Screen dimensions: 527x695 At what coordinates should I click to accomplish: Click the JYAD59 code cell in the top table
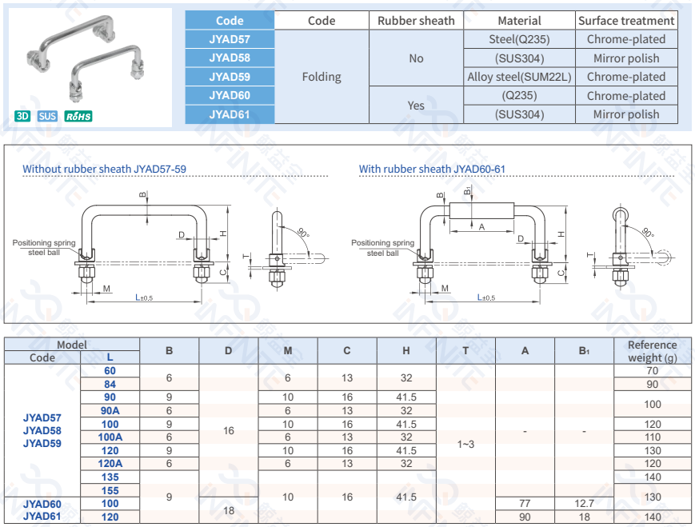click(230, 77)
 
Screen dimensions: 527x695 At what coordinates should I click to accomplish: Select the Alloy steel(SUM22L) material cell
click(520, 77)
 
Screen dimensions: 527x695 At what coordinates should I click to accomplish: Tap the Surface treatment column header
click(626, 21)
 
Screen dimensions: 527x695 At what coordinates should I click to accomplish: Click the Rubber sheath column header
click(416, 21)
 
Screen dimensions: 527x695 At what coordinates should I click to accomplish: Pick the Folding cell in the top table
click(322, 77)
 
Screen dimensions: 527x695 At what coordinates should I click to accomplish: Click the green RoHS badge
click(78, 116)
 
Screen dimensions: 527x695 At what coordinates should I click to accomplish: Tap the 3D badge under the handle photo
click(22, 116)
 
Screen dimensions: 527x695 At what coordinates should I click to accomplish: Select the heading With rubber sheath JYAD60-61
click(432, 169)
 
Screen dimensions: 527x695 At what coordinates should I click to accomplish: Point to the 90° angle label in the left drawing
click(303, 233)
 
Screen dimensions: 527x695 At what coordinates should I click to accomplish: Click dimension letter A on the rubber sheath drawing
click(481, 226)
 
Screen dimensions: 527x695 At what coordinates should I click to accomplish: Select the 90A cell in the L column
click(110, 410)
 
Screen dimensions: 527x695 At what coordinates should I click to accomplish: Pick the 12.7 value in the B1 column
click(584, 503)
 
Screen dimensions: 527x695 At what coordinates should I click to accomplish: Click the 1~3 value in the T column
click(465, 444)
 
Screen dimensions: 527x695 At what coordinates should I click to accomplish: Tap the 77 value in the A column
click(525, 503)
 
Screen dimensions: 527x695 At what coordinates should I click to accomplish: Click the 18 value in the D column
click(229, 509)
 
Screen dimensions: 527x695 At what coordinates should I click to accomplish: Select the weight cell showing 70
click(653, 371)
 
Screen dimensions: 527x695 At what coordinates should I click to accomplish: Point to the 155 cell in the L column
click(110, 490)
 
